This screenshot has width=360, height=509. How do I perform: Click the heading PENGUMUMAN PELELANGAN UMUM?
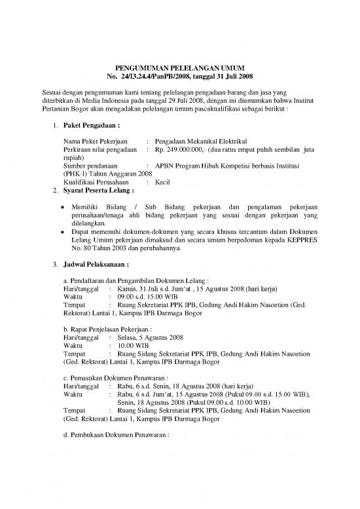tap(179, 68)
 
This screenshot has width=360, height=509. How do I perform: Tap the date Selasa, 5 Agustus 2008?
tap(151, 337)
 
